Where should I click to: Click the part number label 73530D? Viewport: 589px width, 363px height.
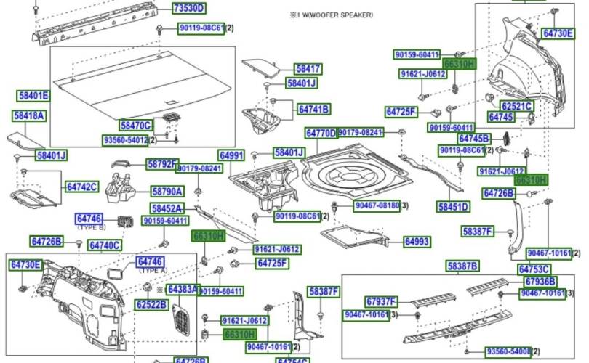click(188, 9)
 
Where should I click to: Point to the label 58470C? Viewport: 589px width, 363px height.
click(135, 125)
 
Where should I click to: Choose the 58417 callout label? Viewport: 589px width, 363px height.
click(308, 69)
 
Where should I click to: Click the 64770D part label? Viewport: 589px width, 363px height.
click(321, 134)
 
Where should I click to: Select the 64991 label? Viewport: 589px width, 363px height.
click(231, 155)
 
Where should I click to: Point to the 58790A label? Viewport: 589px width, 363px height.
click(167, 192)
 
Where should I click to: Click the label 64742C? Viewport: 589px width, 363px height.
click(81, 187)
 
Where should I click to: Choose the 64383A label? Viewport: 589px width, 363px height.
click(183, 289)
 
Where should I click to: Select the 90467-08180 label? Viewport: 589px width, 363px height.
click(377, 206)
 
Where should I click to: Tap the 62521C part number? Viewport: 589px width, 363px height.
click(517, 107)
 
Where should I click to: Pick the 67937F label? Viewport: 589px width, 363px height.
click(381, 301)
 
